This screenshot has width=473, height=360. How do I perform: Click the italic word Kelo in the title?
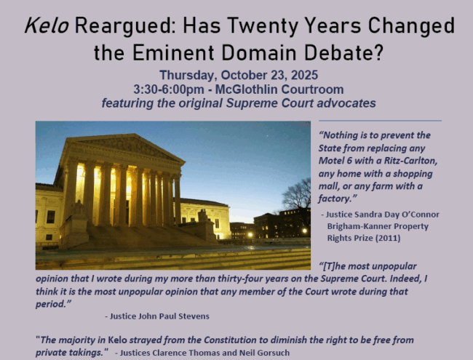pos(47,25)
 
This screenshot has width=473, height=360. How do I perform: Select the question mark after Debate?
pos(378,53)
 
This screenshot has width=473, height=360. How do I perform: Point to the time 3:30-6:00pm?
pos(169,89)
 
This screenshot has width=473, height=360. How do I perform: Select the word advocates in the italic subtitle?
pos(346,103)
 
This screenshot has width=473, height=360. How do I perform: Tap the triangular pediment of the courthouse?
pos(127,146)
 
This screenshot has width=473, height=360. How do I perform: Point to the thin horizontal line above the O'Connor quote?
pos(380,121)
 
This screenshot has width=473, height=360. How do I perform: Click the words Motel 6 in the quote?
pos(335,161)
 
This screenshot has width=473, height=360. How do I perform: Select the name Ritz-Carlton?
pos(410,161)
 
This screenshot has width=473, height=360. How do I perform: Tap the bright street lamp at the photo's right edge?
pos(304,231)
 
